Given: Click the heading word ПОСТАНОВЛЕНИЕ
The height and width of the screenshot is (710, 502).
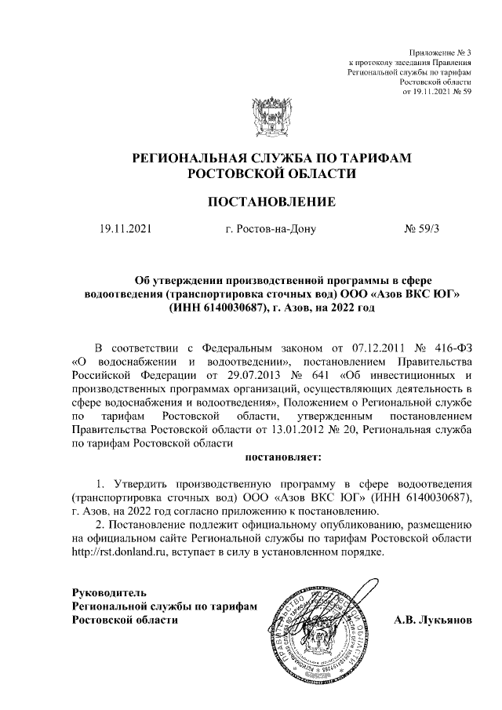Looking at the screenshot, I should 271,202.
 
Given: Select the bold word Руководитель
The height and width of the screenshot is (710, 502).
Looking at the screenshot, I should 109,591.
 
